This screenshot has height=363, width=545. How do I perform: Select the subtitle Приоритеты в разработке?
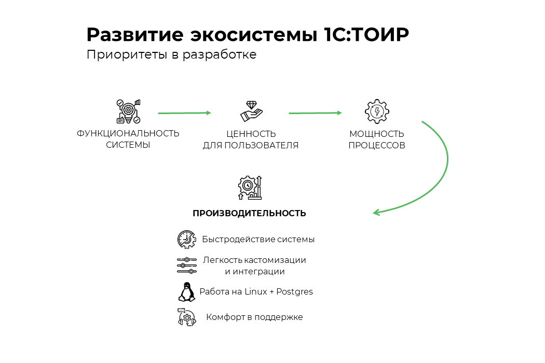(171, 54)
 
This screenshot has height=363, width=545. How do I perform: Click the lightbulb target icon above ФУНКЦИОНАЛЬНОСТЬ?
(128, 111)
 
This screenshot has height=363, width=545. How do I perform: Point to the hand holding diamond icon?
(251, 111)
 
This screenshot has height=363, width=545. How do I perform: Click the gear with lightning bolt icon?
(377, 111)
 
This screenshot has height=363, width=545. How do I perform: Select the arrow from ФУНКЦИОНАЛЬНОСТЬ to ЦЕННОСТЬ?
(184, 113)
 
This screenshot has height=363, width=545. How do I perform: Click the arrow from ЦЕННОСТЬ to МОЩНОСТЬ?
(315, 113)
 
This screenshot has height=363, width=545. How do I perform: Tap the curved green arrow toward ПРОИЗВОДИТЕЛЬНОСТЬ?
(444, 166)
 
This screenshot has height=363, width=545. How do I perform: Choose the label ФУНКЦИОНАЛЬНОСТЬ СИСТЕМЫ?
(128, 139)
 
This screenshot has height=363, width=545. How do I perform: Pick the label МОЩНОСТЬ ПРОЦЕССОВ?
(377, 139)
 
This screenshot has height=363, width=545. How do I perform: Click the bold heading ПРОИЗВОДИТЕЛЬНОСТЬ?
(249, 213)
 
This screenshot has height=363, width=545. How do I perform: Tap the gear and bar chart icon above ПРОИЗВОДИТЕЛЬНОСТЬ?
(250, 188)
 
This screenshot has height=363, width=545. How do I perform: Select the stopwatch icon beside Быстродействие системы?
(186, 240)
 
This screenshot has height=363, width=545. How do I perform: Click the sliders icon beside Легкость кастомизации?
(186, 265)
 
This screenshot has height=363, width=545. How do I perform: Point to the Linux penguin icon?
(186, 292)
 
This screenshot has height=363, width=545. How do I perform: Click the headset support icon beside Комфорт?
(186, 317)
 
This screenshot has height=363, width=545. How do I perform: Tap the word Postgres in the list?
(294, 292)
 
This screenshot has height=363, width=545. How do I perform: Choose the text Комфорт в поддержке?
(254, 317)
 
